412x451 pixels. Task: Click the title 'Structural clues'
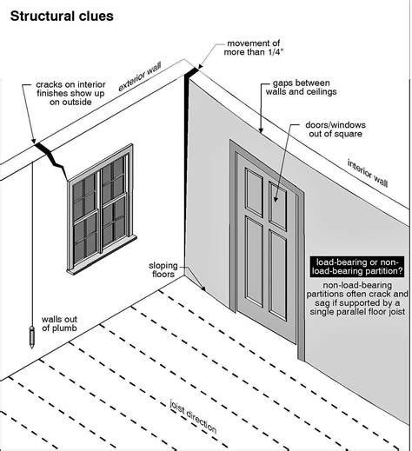(56, 14)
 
